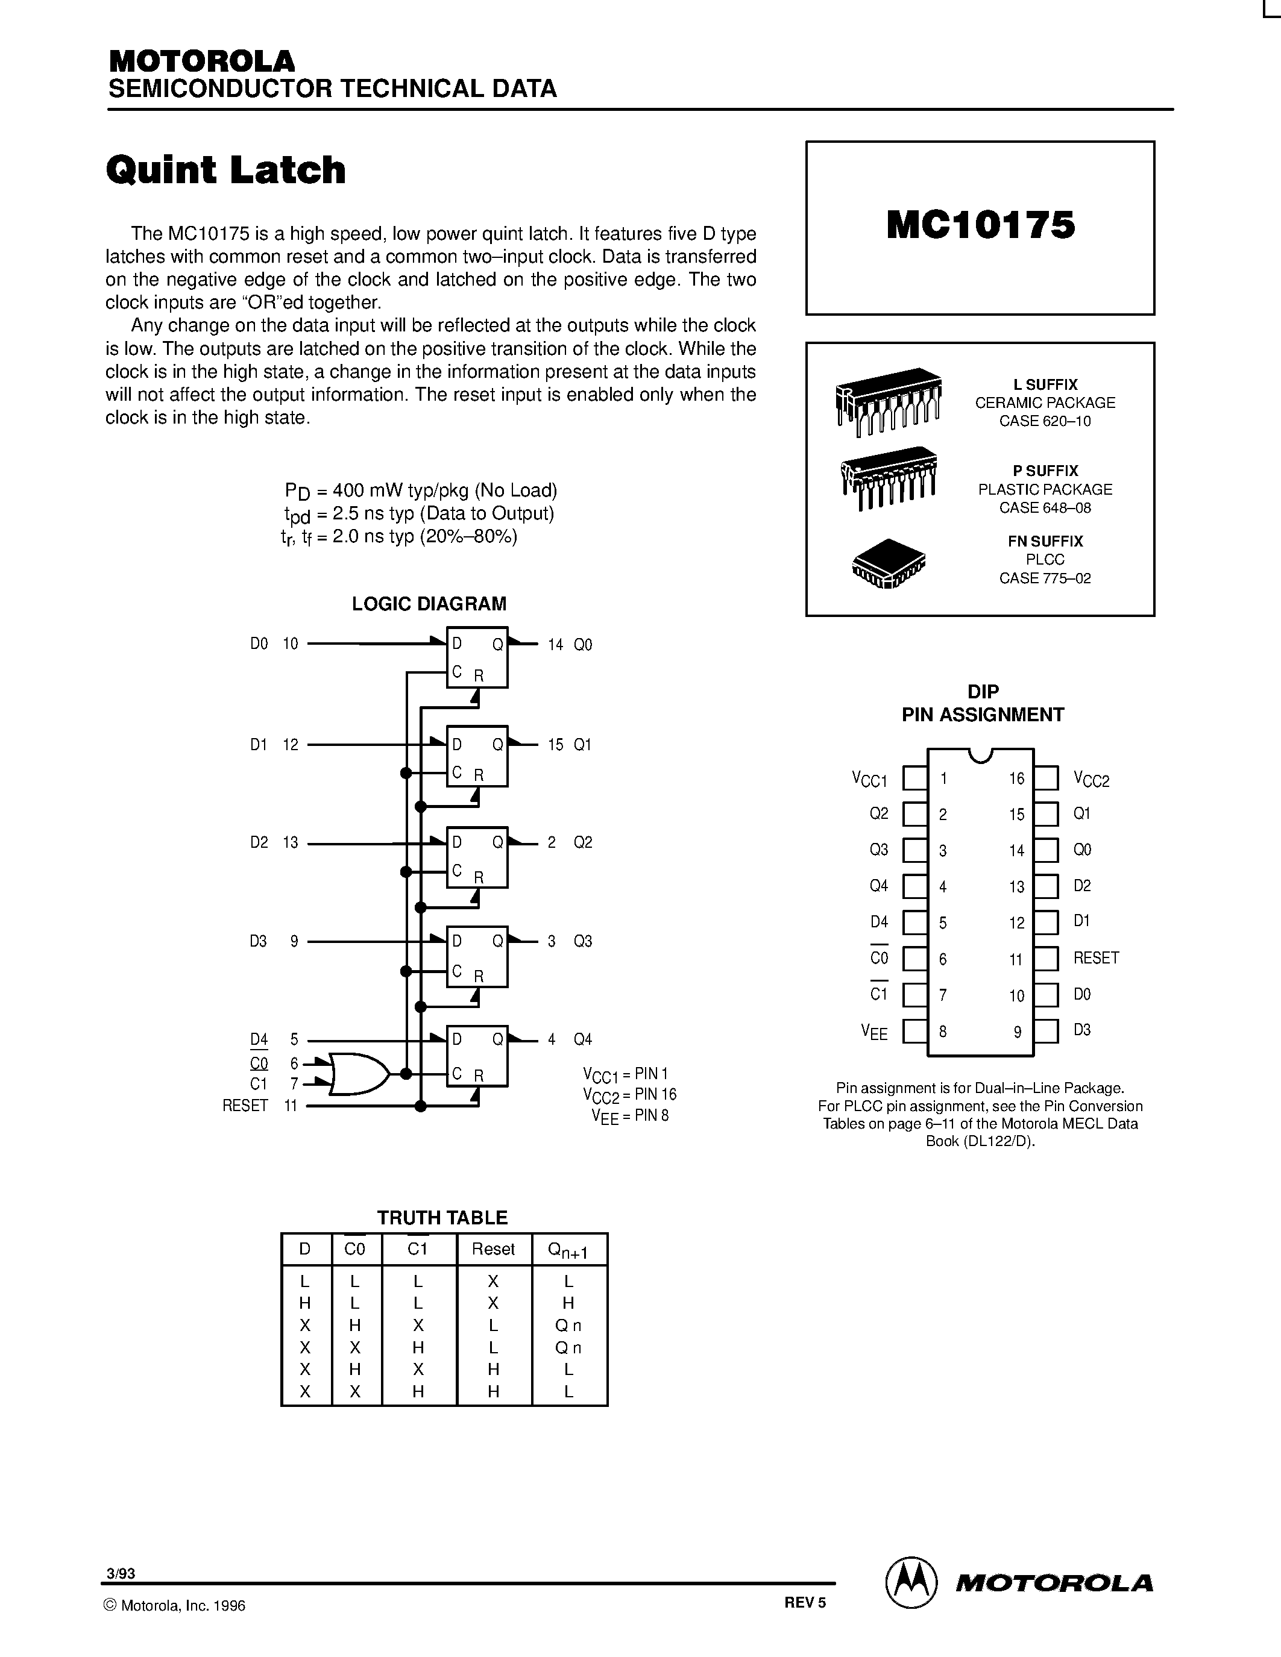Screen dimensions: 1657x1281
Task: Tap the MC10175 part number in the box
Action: [x=980, y=225]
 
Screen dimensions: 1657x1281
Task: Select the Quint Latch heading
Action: [x=225, y=169]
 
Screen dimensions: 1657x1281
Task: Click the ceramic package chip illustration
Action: [x=889, y=400]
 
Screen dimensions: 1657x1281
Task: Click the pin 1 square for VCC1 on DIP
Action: [x=915, y=778]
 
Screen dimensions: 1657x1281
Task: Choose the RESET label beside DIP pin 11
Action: [x=1096, y=957]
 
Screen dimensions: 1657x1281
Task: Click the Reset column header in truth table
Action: [x=493, y=1249]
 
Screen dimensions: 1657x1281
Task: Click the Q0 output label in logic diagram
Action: [x=583, y=645]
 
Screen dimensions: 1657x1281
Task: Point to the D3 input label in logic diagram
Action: [x=258, y=942]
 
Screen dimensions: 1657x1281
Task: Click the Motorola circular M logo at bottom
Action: [x=911, y=1583]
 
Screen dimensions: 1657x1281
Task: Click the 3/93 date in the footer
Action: [x=121, y=1573]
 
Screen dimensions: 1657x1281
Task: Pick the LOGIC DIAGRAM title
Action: [x=429, y=604]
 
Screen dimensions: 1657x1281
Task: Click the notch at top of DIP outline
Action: [x=980, y=755]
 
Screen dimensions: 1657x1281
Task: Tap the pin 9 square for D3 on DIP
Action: [x=1046, y=1031]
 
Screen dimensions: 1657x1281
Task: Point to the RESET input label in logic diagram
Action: [x=245, y=1106]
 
